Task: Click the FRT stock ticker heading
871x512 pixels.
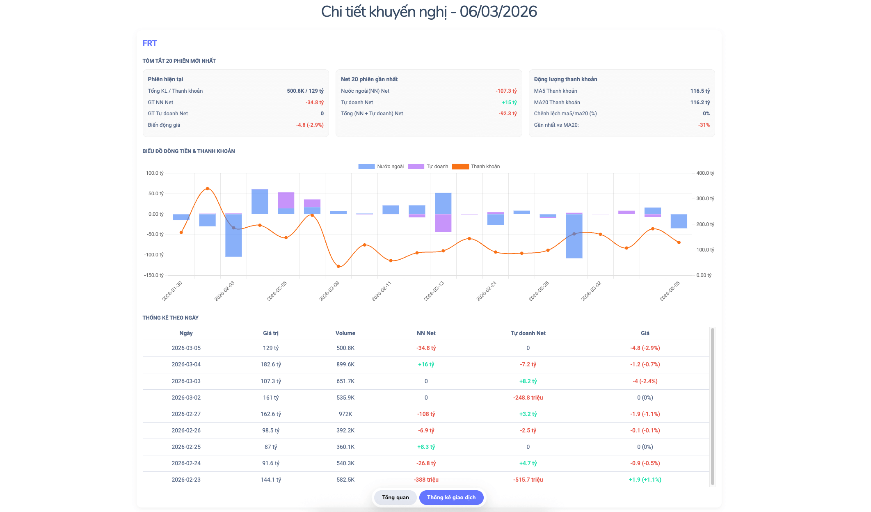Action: pos(150,43)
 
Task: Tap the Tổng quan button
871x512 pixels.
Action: pos(395,497)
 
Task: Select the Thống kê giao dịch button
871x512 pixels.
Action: pos(451,497)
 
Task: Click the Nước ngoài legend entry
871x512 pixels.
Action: pos(381,167)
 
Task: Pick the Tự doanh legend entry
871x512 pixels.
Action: pos(428,167)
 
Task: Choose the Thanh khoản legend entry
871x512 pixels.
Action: pos(476,167)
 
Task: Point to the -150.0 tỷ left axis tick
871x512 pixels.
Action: pos(154,275)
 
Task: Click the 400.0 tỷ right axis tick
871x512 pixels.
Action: pos(705,173)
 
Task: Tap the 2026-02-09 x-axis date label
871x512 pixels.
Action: pos(329,291)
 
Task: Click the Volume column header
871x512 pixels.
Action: pos(345,333)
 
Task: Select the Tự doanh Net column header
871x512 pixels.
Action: pos(528,333)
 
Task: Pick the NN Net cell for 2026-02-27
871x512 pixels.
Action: pos(426,414)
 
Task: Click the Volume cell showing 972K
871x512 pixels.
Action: pos(345,414)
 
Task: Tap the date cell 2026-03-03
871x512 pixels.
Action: pos(186,381)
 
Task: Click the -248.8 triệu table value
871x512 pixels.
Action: pos(528,398)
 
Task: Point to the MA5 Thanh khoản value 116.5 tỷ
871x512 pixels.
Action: pos(700,91)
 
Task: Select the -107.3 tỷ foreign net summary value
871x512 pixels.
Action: pos(506,91)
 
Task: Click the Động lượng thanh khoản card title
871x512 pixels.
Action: pos(565,79)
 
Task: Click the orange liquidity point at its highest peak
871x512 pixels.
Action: pos(207,189)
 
